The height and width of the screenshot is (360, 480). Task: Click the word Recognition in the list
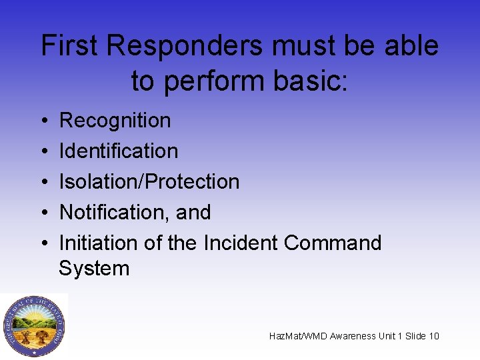tap(115, 121)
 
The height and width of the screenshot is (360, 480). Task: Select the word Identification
tap(119, 151)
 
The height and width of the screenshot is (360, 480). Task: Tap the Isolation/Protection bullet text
tap(149, 182)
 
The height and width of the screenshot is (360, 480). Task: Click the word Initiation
tap(97, 243)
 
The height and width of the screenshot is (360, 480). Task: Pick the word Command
tap(333, 243)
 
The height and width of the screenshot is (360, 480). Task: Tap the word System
tap(94, 269)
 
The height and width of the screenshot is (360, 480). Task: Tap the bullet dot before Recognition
tap(43, 121)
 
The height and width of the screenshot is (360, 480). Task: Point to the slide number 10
tap(433, 336)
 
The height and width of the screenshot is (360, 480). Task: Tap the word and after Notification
tap(193, 213)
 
